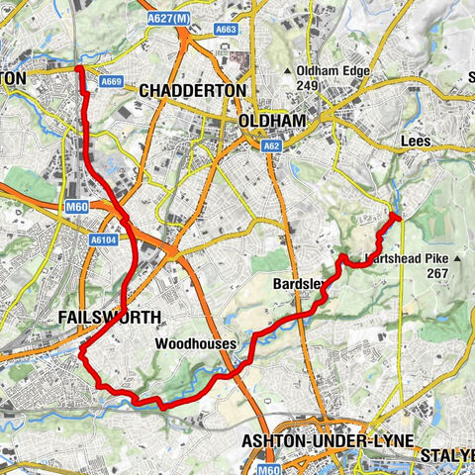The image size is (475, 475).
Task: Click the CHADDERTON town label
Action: (192, 90)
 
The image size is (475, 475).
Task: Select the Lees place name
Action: (417, 142)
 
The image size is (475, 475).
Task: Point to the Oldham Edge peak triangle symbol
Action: (287, 71)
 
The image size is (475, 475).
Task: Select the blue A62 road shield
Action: (272, 145)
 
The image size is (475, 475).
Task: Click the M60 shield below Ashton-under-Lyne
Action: (269, 469)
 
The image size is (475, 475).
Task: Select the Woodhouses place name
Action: (196, 343)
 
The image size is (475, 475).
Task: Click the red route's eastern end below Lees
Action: (395, 215)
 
